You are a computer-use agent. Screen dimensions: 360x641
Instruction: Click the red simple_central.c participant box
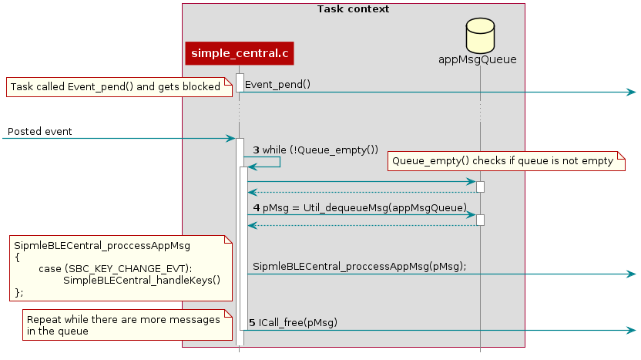239,53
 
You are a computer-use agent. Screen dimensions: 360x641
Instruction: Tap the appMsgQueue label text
477,59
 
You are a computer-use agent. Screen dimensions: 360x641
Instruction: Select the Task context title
353,9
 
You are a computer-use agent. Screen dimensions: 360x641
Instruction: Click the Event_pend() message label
277,84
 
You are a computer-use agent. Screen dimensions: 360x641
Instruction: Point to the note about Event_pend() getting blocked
119,87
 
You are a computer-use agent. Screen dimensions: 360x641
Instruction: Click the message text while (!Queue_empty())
321,150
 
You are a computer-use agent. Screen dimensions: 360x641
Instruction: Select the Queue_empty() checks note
506,161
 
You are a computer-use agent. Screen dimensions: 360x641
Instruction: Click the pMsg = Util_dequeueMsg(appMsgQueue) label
365,208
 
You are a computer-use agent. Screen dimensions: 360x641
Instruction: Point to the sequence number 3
256,150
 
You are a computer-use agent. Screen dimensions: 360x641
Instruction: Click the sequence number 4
256,208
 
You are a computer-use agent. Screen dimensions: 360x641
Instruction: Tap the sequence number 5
253,321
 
